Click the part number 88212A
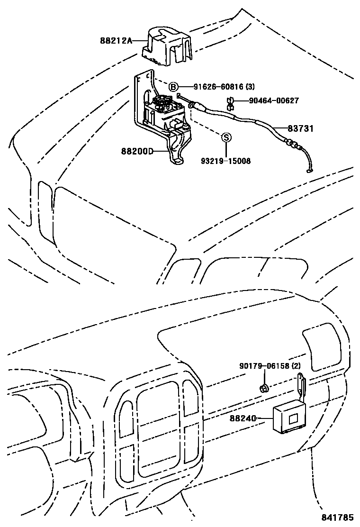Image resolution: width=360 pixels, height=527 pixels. click(x=116, y=41)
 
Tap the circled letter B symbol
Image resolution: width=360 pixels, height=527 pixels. click(x=172, y=87)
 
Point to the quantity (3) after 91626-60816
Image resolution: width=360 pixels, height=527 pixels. click(x=250, y=87)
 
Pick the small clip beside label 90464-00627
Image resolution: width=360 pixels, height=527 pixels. click(x=230, y=103)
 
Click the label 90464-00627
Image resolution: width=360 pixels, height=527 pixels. click(x=274, y=100)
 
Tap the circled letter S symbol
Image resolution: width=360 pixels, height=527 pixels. click(x=226, y=137)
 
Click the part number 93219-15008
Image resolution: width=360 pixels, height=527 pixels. click(x=225, y=161)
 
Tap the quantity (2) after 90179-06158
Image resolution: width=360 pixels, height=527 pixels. click(x=296, y=366)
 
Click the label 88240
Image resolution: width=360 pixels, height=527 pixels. click(x=243, y=418)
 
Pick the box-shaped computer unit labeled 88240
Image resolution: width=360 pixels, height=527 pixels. click(x=289, y=418)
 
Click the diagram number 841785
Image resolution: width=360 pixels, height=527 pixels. click(x=338, y=517)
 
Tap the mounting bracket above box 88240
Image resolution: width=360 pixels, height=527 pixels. click(x=302, y=388)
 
